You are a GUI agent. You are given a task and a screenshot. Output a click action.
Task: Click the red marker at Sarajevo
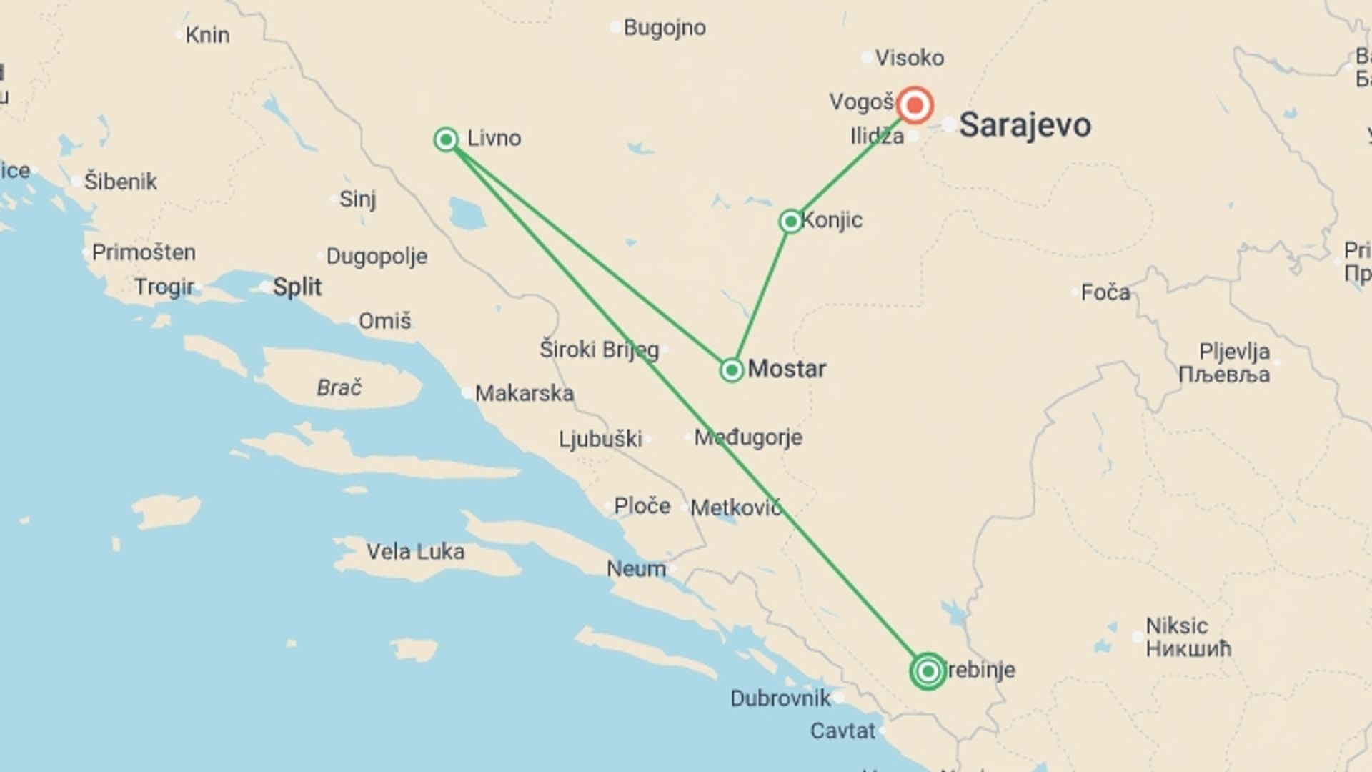point(914,105)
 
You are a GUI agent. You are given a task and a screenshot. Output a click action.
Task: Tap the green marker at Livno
point(447,139)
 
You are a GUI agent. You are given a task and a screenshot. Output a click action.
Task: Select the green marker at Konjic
point(790,222)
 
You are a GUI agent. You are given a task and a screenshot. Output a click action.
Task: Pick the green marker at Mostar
point(732,370)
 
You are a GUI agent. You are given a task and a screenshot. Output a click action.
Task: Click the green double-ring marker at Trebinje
point(928,671)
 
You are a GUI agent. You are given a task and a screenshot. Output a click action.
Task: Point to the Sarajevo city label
point(1025,125)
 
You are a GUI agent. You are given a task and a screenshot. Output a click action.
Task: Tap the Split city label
point(297,287)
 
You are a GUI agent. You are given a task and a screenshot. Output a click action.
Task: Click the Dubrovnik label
point(780,698)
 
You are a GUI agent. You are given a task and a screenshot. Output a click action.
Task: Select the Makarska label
point(524,393)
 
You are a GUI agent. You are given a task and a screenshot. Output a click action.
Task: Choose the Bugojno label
point(665,28)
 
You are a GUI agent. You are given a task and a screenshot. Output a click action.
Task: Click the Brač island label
point(339,387)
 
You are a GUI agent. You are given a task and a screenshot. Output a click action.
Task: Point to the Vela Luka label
point(415,552)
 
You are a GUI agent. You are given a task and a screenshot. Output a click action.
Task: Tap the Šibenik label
point(120,182)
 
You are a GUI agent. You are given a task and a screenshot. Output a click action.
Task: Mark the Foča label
point(1105,292)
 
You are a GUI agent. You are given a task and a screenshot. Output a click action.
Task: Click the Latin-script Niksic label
point(1177,626)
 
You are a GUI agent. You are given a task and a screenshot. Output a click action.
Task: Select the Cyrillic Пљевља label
point(1224,375)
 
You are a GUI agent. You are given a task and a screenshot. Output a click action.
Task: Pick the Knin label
point(207,35)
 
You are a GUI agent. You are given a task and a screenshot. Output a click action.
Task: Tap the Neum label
point(636,569)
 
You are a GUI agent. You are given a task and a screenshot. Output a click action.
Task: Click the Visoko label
point(910,58)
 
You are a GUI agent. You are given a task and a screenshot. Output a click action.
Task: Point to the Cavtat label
point(842,731)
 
